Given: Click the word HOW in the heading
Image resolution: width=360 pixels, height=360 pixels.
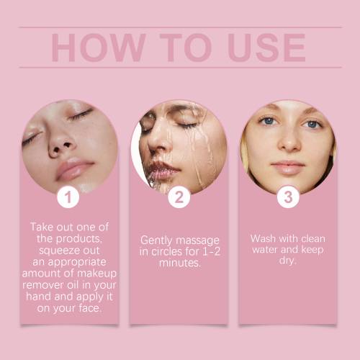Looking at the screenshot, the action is point(99,48).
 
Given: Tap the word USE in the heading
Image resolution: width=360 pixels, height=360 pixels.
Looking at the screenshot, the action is point(267,48).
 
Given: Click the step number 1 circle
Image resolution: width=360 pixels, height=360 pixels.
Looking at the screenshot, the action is point(68,197).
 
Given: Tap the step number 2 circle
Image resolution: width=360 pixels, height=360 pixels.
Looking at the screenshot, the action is point(179,197).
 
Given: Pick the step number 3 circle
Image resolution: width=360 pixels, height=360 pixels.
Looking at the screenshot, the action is point(288,197).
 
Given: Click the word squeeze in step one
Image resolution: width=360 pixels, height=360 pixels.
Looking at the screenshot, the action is point(58,251).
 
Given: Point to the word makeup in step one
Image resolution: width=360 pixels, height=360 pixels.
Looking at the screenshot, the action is point(97,274).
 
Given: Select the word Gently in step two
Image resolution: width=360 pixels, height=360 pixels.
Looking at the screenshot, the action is point(156,240).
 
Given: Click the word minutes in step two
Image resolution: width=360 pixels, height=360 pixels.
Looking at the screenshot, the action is point(179,263).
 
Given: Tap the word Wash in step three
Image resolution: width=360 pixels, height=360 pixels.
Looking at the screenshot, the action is point(263,239).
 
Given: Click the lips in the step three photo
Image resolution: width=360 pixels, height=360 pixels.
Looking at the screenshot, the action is point(288,167).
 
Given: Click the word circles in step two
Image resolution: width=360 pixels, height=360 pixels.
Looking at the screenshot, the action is point(166,252).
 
